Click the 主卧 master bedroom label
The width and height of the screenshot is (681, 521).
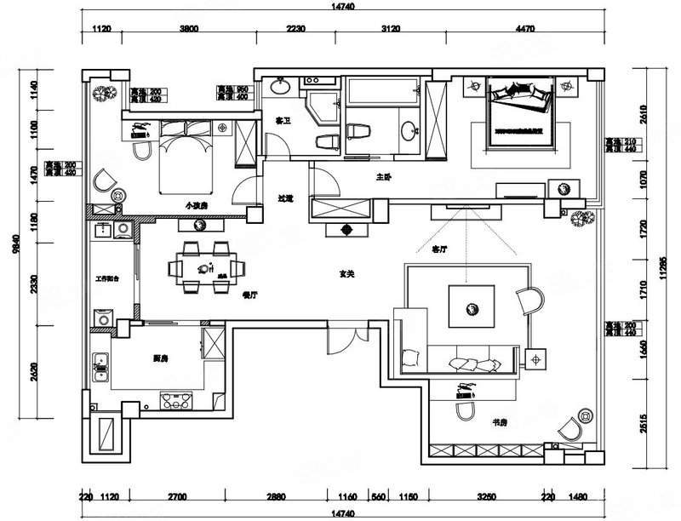(x=383, y=178)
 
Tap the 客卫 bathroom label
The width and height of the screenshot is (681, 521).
(x=283, y=122)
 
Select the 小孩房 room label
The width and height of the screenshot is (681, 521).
(x=197, y=206)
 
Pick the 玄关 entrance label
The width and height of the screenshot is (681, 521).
(x=346, y=274)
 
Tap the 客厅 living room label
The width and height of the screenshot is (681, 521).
(x=440, y=250)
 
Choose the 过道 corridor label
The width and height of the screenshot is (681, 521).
(x=285, y=198)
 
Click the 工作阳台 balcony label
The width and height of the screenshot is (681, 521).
(x=112, y=278)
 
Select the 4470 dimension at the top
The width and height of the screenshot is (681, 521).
(x=525, y=29)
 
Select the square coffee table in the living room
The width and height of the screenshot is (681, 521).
(x=471, y=304)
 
